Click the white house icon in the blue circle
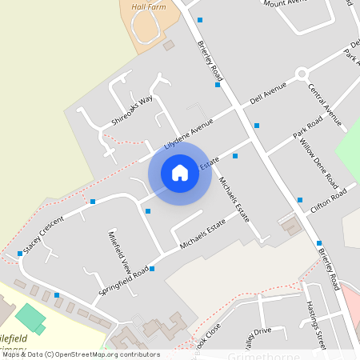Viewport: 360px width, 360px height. pyautogui.click(x=180, y=173)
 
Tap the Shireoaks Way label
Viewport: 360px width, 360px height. pyautogui.click(x=132, y=110)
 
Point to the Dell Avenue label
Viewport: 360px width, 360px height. pyautogui.click(x=268, y=93)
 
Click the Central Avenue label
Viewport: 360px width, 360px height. pyautogui.click(x=325, y=104)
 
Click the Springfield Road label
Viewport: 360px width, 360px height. pyautogui.click(x=124, y=282)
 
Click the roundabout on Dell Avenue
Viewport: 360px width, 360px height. pyautogui.click(x=302, y=74)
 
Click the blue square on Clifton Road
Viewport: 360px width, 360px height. pyautogui.click(x=300, y=200)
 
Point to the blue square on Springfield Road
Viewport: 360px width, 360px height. pyautogui.click(x=152, y=269)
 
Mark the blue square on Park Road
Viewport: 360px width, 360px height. pyautogui.click(x=257, y=126)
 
